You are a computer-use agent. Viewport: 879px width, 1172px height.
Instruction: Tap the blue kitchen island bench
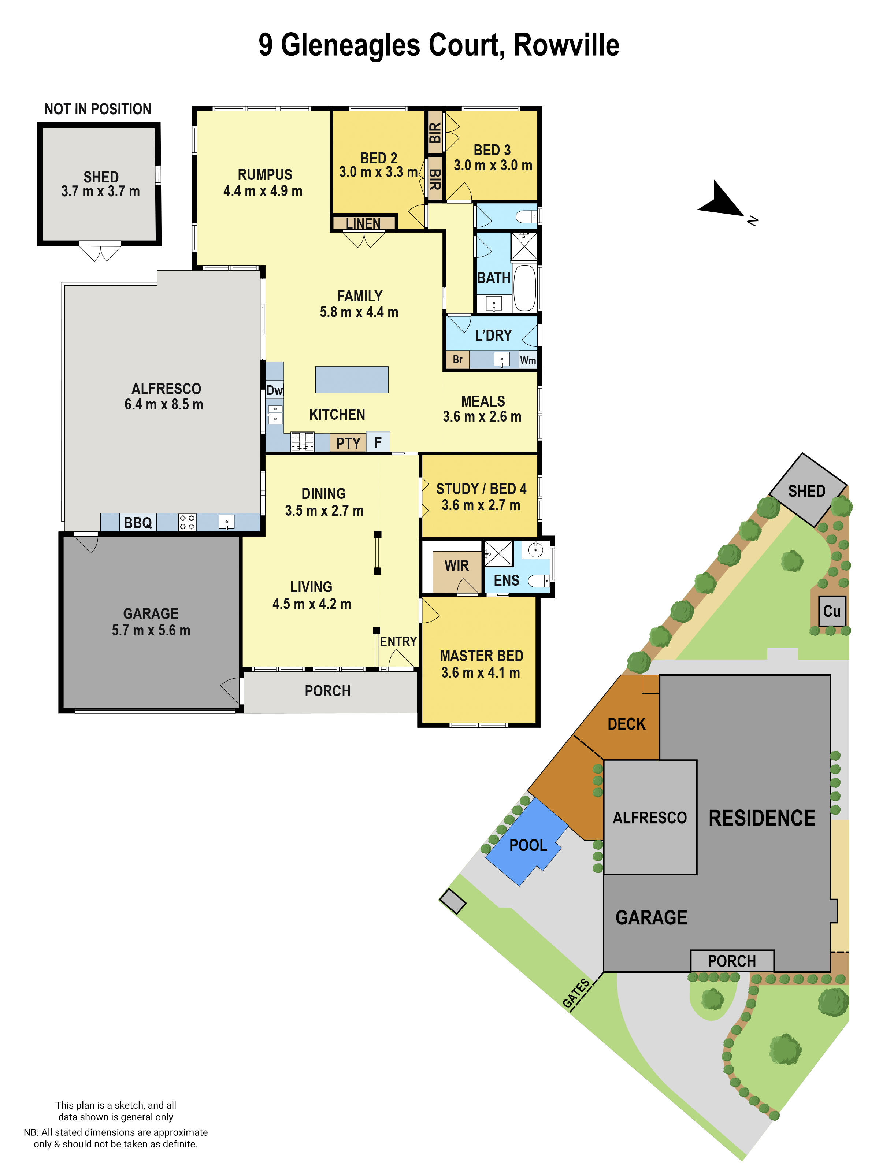(352, 379)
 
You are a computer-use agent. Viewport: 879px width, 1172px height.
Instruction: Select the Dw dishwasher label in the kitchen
(274, 390)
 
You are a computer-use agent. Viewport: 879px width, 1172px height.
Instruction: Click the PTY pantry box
(348, 442)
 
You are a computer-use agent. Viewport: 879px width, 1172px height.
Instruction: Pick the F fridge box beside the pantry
(378, 442)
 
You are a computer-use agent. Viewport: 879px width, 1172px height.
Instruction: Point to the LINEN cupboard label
(363, 223)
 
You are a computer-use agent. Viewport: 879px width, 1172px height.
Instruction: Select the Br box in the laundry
(457, 360)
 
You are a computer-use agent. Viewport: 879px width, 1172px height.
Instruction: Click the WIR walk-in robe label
(457, 566)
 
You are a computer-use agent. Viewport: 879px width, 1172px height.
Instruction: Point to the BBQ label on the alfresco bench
(138, 523)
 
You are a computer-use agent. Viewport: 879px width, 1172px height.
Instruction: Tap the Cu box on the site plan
(832, 611)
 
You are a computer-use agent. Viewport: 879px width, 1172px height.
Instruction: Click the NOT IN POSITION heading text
(98, 109)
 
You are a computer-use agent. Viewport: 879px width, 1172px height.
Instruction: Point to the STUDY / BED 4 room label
(481, 489)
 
